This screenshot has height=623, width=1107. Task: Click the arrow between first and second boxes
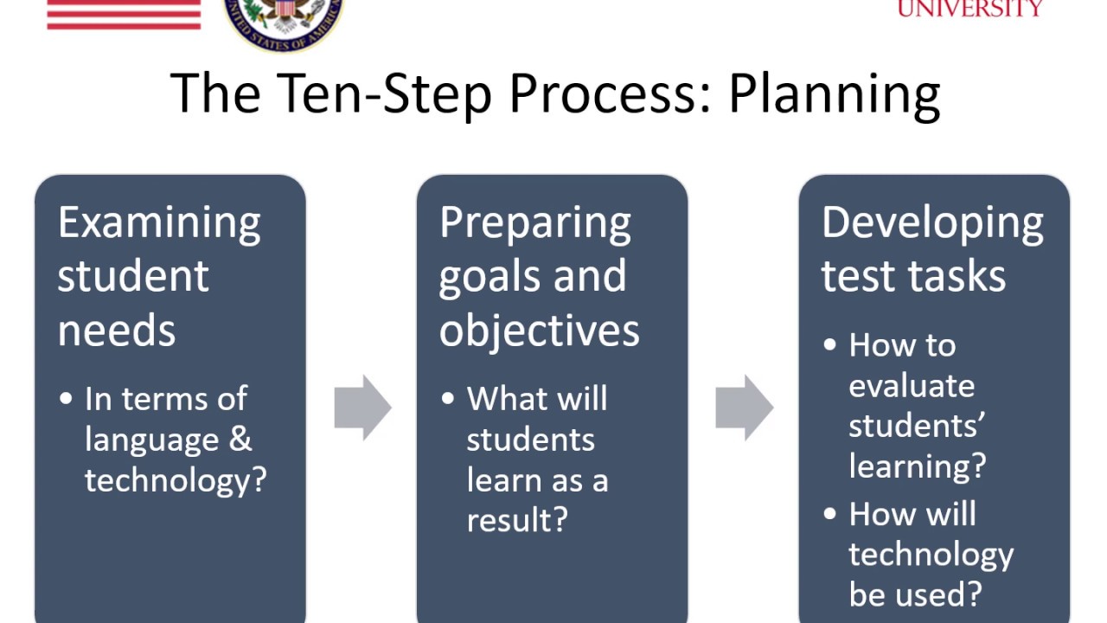click(362, 407)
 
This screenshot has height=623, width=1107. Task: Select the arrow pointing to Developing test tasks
click(744, 407)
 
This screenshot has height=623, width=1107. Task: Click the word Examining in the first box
click(159, 223)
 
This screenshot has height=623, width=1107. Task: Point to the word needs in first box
click(117, 331)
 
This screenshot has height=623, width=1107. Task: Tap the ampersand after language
click(240, 440)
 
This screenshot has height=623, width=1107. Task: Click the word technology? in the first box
click(176, 479)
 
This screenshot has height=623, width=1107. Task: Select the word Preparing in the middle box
click(535, 223)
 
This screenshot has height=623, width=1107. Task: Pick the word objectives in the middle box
click(540, 331)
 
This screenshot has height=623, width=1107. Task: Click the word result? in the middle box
click(517, 520)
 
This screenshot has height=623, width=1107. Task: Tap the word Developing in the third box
click(932, 223)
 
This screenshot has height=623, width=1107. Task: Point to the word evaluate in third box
click(912, 386)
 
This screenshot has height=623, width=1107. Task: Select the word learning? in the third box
click(917, 466)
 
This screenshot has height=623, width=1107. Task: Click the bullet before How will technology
click(831, 514)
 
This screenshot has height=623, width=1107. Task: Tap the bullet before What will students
click(448, 399)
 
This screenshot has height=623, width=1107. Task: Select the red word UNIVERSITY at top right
click(969, 9)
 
